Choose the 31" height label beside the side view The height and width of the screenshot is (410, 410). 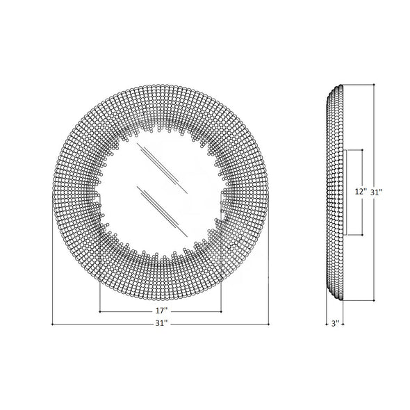pos(376,192)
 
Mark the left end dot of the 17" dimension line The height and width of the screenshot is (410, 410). pos(101,312)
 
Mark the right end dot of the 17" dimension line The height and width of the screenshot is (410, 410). pos(222,312)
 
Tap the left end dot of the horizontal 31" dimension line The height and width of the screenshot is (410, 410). pos(53,324)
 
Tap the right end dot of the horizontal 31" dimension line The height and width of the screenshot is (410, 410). pos(269,324)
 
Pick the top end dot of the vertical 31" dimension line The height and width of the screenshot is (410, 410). pos(374,85)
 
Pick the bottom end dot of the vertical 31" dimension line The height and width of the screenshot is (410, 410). pos(374,300)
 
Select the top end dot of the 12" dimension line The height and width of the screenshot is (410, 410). pos(363,149)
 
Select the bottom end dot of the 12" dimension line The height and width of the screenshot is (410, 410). pos(363,236)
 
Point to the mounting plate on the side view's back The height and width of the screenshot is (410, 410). pos(345,192)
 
